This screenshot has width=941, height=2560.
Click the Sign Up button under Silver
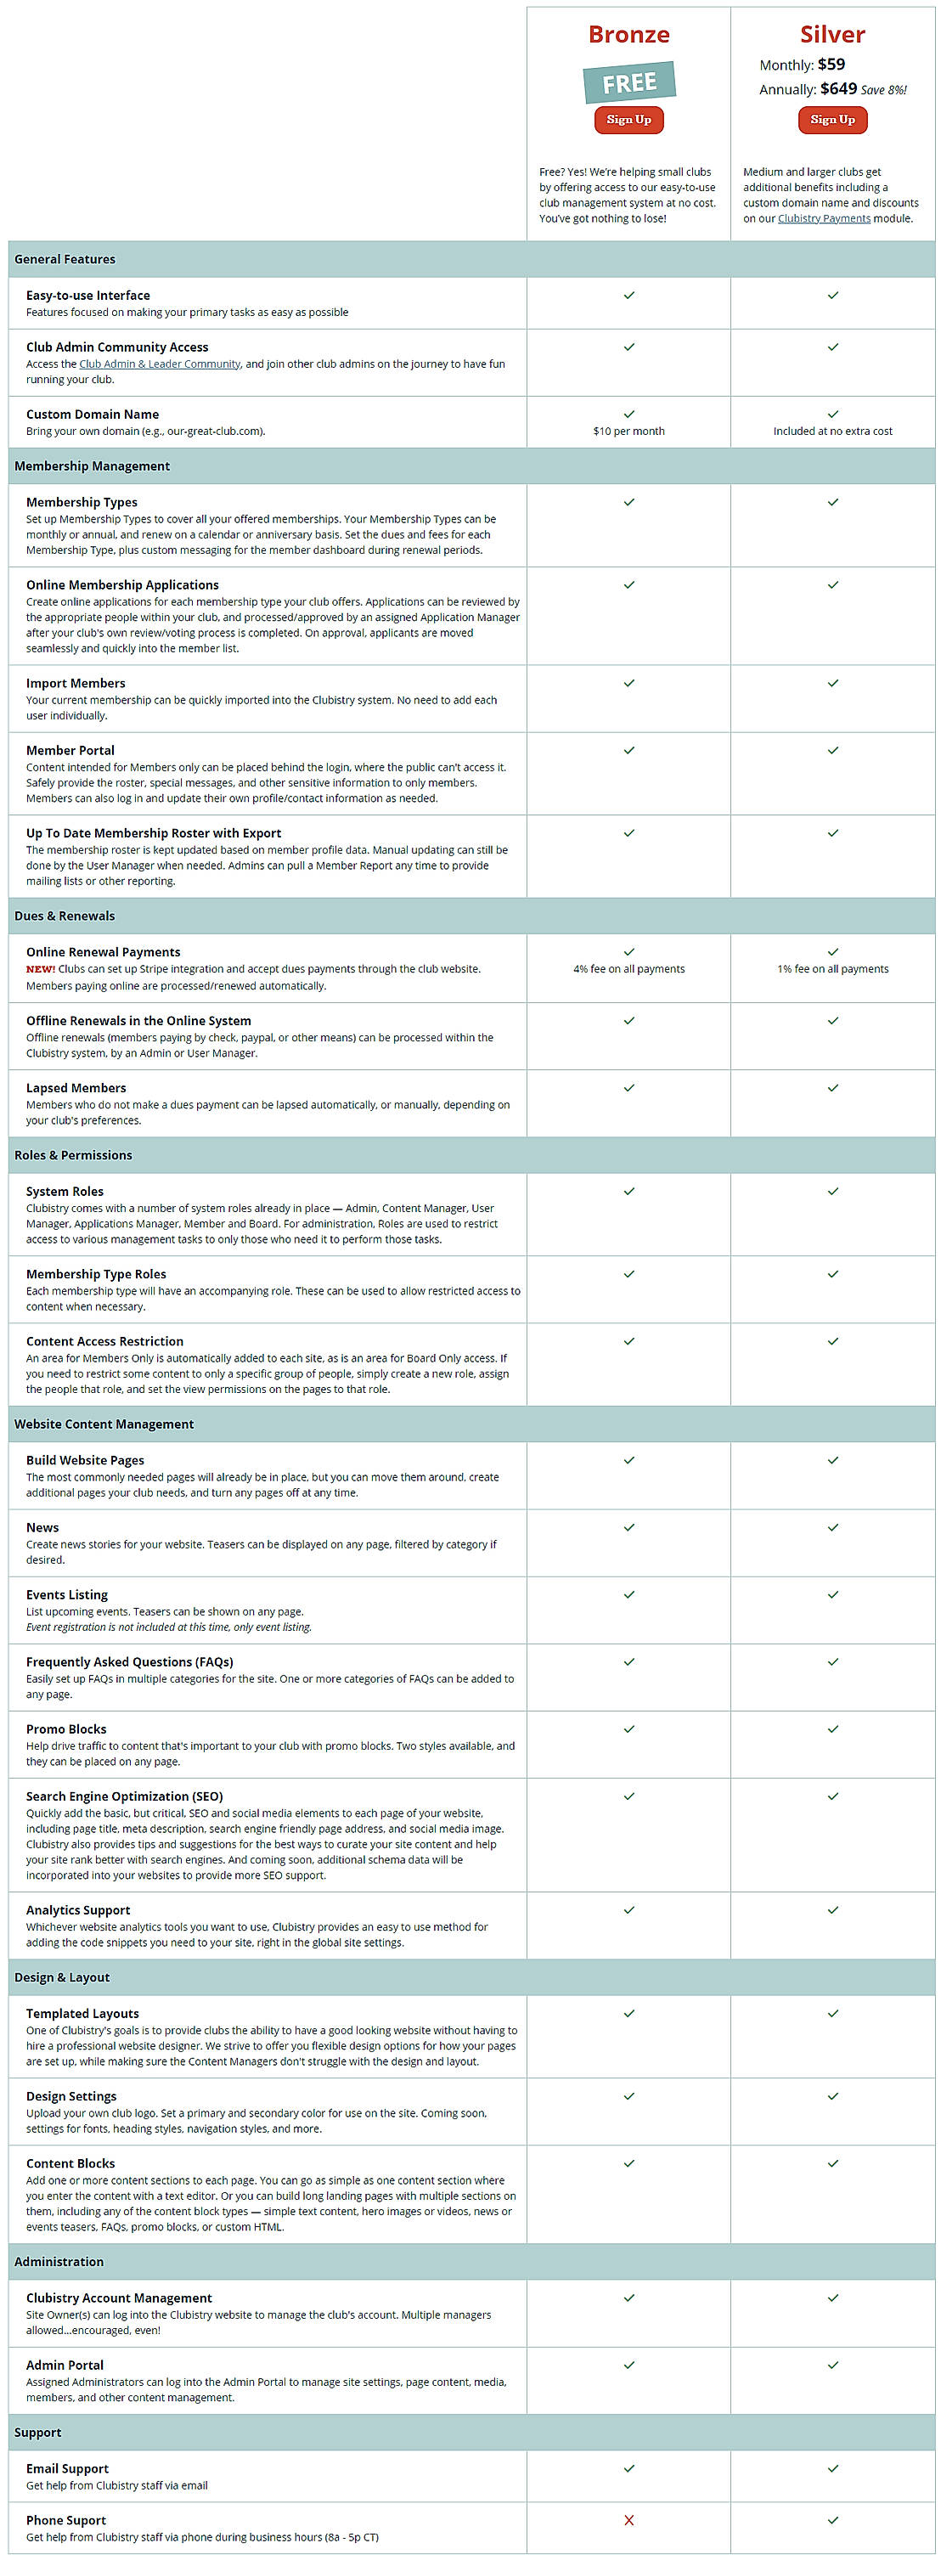[831, 121]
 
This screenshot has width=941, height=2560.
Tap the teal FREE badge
[629, 82]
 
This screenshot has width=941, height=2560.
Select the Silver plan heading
[831, 35]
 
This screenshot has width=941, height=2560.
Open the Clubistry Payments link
[823, 218]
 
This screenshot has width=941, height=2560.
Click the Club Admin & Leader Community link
[159, 364]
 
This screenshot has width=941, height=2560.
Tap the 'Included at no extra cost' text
[831, 431]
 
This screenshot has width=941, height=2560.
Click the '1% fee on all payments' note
[831, 969]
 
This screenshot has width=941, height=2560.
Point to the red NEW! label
[40, 969]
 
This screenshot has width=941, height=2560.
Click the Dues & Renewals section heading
[65, 916]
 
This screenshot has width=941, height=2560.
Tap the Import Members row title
[76, 684]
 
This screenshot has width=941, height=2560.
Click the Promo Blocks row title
[65, 1729]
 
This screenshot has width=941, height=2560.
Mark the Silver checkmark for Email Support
[831, 2467]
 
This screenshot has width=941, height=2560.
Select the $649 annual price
[837, 89]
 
